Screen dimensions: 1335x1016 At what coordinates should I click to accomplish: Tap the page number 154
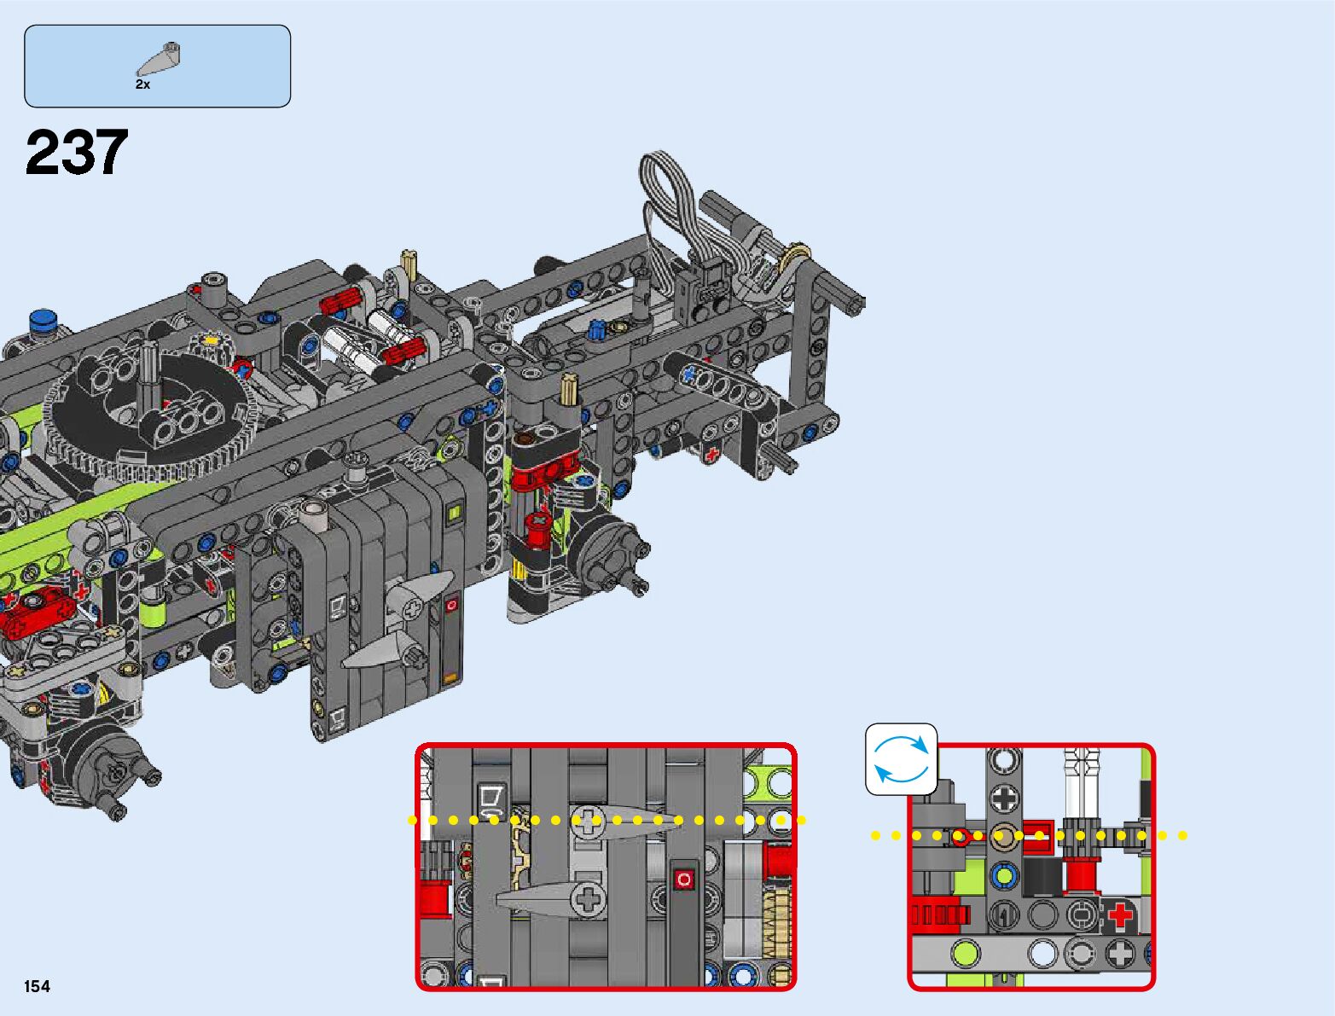coord(37,986)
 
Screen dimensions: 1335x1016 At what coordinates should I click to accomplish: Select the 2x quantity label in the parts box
coord(143,84)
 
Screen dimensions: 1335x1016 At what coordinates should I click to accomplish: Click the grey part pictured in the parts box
coord(158,59)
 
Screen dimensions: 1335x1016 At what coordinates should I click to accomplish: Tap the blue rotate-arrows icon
coord(901,759)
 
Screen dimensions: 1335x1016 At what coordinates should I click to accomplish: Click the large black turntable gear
coord(149,420)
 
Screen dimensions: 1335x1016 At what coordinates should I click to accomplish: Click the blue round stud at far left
coord(43,319)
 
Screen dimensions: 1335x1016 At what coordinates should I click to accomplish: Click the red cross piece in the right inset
coord(1120,914)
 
